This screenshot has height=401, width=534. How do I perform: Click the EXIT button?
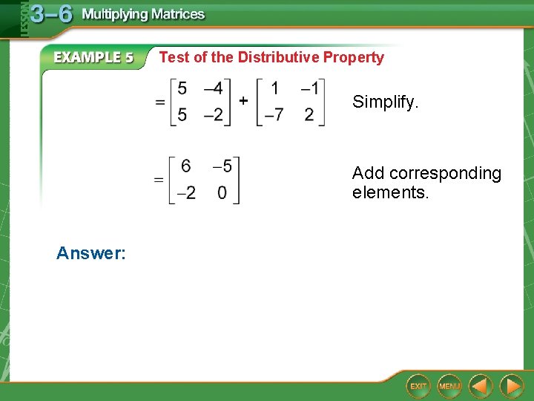418,386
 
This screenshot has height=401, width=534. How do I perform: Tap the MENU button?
449,386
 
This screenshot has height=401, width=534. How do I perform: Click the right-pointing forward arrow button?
511,386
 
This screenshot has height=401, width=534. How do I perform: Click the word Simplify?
385,102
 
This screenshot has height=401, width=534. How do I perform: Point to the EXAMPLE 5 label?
93,57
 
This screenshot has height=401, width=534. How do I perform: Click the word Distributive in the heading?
278,57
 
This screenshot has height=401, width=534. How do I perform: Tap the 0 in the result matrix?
222,193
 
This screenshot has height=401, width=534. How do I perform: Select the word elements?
390,193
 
